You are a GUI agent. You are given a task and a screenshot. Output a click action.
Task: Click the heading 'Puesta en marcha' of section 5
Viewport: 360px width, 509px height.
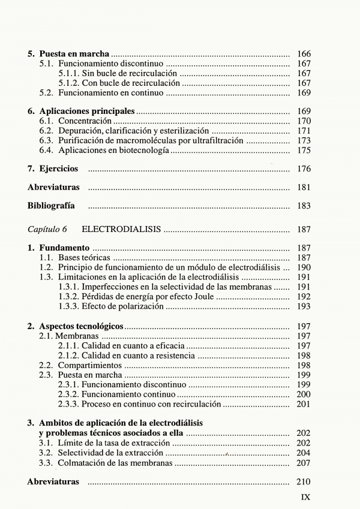pos(74,54)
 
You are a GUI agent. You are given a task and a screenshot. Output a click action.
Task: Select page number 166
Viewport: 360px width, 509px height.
pos(304,54)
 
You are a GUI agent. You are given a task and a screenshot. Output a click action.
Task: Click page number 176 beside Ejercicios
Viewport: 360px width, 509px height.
pos(304,169)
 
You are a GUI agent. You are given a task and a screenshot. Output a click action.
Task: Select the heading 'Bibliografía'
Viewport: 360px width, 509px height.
pos(51,206)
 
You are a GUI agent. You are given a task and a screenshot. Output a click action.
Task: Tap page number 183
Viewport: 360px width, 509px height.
pos(304,206)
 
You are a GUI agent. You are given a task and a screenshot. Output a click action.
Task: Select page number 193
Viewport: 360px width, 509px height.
pos(304,306)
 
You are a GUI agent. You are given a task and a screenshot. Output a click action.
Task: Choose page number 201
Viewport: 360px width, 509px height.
pos(304,404)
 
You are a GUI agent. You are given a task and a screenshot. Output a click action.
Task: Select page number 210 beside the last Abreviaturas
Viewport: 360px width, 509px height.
pos(304,482)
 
